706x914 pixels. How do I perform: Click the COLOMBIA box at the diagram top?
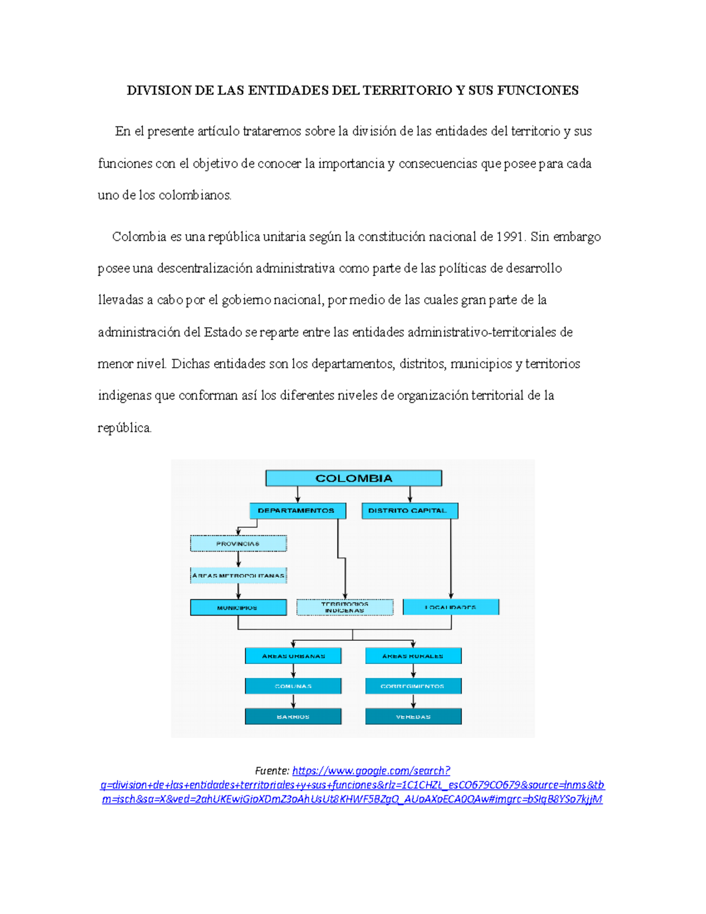tap(354, 478)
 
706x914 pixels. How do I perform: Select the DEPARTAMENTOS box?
tap(297, 510)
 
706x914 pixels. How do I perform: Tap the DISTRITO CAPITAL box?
tap(409, 510)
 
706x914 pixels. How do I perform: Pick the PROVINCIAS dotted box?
tap(238, 543)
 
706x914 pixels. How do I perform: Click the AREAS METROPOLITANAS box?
tap(238, 575)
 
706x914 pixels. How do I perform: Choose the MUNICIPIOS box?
tap(238, 607)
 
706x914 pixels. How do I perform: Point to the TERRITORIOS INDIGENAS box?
tap(345, 607)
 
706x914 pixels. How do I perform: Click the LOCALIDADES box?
tap(451, 607)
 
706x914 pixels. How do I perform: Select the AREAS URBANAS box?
tap(293, 656)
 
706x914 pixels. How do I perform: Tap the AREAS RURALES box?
tap(413, 656)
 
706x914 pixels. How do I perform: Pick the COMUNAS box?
tap(293, 686)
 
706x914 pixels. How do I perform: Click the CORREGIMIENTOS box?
tap(413, 686)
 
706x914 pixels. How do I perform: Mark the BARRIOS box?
tap(293, 716)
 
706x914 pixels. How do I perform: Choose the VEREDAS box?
tap(413, 716)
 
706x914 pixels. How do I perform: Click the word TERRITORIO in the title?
tap(407, 90)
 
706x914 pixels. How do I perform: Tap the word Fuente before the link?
tap(272, 770)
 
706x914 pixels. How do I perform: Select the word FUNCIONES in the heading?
tap(538, 90)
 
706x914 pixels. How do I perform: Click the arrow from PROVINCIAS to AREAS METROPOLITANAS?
tap(238, 559)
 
